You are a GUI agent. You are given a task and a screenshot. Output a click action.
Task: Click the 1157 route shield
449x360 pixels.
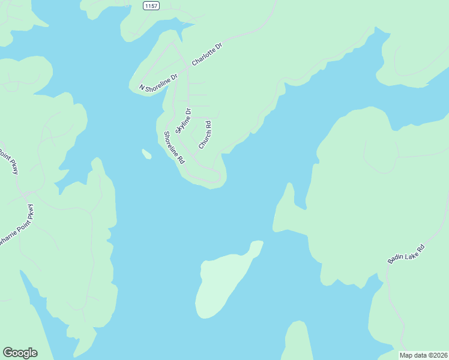(x=151, y=5)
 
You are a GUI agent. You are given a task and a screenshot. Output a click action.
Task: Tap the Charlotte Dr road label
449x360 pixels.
(x=207, y=54)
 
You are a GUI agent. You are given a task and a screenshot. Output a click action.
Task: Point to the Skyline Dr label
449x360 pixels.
(x=183, y=121)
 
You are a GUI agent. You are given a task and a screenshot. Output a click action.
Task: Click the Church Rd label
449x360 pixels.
(x=205, y=136)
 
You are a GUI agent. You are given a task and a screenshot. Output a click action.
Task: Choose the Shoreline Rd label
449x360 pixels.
(x=174, y=148)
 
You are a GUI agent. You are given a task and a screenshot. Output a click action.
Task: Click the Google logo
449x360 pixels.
(x=20, y=353)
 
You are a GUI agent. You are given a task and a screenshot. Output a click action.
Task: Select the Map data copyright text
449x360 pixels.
(x=423, y=355)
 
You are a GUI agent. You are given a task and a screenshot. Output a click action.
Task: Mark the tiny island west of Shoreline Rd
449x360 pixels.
(x=146, y=154)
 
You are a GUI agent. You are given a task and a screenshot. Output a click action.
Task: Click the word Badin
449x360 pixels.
(x=394, y=259)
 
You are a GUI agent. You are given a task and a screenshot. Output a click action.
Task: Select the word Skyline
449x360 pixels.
(x=181, y=124)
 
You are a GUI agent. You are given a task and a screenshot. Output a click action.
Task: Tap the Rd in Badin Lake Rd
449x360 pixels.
(x=421, y=247)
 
